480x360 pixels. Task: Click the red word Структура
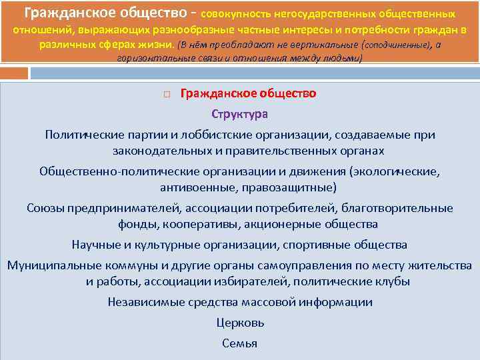pyautogui.click(x=240, y=114)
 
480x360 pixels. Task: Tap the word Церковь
pyautogui.click(x=240, y=323)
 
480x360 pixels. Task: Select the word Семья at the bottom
pyautogui.click(x=240, y=343)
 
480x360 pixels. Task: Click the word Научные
pyautogui.click(x=95, y=245)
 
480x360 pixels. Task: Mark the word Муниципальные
pyautogui.click(x=50, y=265)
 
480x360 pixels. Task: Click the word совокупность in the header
pyautogui.click(x=253, y=13)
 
